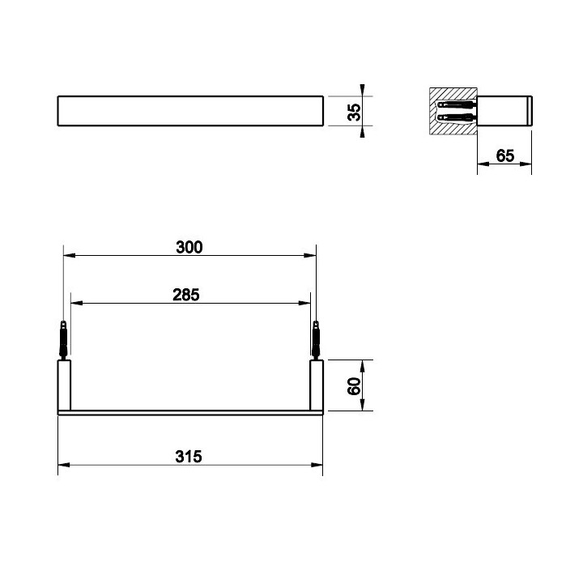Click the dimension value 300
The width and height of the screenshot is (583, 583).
pos(189,247)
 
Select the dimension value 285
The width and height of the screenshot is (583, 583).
pos(186,295)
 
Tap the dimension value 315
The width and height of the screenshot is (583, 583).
pos(189,457)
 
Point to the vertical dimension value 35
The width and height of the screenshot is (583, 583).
pos(354,112)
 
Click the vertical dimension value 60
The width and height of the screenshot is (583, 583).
pos(354,386)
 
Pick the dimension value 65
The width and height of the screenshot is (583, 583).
pos(505,155)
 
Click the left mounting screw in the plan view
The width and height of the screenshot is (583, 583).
pos(64,340)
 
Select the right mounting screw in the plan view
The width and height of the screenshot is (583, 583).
pos(316,340)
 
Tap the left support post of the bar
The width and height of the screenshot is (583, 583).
pos(64,385)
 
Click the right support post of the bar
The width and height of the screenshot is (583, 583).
pos(317,385)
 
